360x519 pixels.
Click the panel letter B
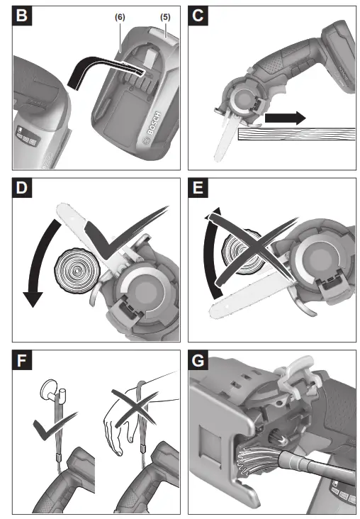click(x=22, y=16)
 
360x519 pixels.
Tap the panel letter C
click(x=198, y=16)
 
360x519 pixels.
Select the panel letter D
click(x=22, y=188)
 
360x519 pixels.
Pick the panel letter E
click(x=198, y=188)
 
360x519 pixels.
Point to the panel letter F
click(x=22, y=360)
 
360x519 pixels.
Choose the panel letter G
click(x=198, y=360)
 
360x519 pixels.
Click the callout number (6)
click(x=120, y=17)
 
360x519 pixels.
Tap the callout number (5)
click(x=165, y=17)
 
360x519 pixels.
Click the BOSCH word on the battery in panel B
click(x=154, y=123)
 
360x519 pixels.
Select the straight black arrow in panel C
click(x=285, y=118)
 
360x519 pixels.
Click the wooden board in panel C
click(x=296, y=134)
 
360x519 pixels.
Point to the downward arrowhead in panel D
click(x=33, y=299)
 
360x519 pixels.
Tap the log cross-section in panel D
click(x=77, y=271)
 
